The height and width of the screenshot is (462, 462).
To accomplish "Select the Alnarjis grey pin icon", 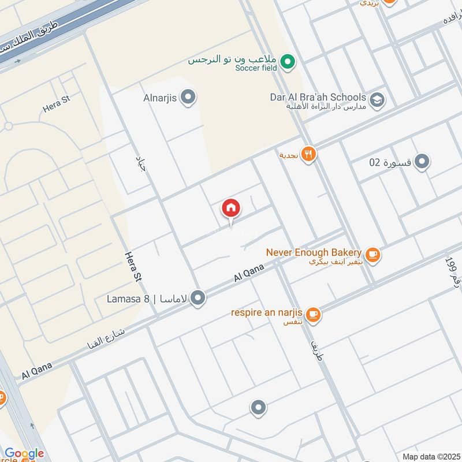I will (x=187, y=98).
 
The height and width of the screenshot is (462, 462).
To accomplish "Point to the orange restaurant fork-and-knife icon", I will (x=309, y=154).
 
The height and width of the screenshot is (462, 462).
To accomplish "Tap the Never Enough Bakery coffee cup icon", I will (x=373, y=254).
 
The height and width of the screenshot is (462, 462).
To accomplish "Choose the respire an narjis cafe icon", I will (x=314, y=315).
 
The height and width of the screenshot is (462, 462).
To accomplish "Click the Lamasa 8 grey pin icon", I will (x=198, y=298).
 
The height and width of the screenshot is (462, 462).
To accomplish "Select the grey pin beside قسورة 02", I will (x=423, y=162).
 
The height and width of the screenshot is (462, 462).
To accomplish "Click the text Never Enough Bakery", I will (x=314, y=252).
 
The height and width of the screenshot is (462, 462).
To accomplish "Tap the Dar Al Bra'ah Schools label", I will (x=318, y=97).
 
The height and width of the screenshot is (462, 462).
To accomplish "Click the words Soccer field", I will (x=256, y=68).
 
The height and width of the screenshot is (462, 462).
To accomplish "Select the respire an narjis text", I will (x=267, y=312).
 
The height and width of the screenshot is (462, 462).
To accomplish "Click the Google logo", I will (x=24, y=454).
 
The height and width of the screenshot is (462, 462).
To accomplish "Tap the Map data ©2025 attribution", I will (x=430, y=456).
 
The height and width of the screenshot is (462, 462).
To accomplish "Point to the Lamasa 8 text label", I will (x=128, y=299).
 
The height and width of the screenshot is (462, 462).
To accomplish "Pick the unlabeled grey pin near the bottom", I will (x=258, y=408).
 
